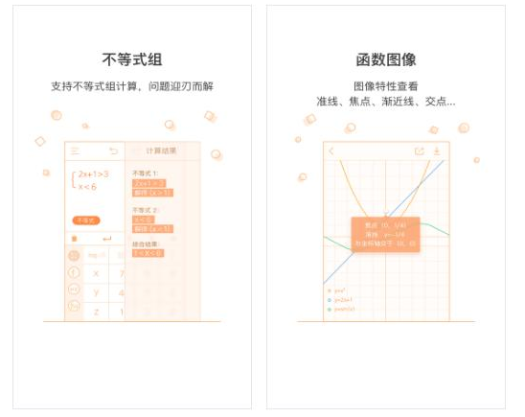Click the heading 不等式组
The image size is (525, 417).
click(x=132, y=59)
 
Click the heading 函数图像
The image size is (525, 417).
click(x=385, y=59)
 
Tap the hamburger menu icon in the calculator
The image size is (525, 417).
click(x=75, y=151)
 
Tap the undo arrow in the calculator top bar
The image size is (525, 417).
click(x=114, y=151)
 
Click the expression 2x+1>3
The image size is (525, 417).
click(x=93, y=174)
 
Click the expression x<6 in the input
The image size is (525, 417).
click(x=87, y=187)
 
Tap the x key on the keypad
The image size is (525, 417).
click(x=96, y=273)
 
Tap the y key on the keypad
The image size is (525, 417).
click(x=96, y=292)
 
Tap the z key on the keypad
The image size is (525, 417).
click(x=96, y=312)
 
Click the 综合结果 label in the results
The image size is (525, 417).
click(x=147, y=243)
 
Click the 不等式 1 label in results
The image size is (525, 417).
click(x=147, y=173)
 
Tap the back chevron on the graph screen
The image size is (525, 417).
click(x=331, y=151)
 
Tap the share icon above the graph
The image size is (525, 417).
click(x=419, y=151)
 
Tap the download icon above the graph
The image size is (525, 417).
click(x=437, y=151)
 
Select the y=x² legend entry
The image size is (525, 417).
click(x=338, y=290)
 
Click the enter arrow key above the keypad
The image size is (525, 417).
click(x=105, y=238)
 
